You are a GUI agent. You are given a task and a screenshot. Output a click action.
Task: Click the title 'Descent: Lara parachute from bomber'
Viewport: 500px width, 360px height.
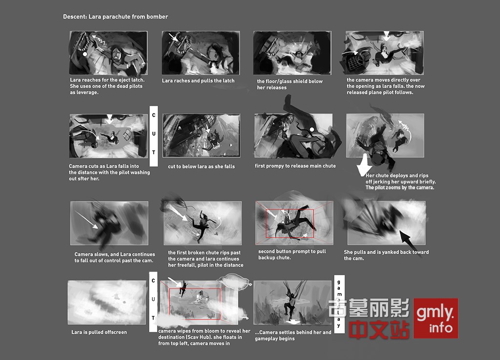(115, 17)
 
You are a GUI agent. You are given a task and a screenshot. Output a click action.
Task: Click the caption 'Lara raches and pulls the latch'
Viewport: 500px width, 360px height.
(198, 80)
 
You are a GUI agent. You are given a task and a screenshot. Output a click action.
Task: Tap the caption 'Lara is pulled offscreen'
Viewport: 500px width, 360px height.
(99, 332)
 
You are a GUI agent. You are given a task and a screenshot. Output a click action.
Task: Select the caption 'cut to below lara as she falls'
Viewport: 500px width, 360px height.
(201, 166)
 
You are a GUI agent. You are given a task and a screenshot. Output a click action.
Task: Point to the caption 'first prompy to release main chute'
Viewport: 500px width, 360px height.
(295, 166)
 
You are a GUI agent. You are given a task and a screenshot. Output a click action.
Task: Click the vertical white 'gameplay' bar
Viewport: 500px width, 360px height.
(339, 304)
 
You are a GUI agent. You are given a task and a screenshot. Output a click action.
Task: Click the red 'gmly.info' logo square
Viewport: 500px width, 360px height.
(436, 318)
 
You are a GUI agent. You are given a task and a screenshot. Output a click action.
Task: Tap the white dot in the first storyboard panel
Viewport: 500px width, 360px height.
(85, 54)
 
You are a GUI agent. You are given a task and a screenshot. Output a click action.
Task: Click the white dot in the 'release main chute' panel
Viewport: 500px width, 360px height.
(312, 129)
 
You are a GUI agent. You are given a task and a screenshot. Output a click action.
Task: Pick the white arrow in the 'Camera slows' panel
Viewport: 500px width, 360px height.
(86, 220)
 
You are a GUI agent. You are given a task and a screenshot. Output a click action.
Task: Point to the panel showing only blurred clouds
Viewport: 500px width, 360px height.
(107, 302)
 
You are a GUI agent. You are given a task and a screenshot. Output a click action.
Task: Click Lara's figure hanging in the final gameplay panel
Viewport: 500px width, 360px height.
(291, 302)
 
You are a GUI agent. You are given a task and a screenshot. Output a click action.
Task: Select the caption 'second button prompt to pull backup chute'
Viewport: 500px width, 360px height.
(292, 254)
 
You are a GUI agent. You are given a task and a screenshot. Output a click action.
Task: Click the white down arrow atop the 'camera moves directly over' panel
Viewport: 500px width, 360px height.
(387, 36)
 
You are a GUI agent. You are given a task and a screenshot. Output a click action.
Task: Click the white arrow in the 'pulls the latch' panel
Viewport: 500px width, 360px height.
(174, 38)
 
